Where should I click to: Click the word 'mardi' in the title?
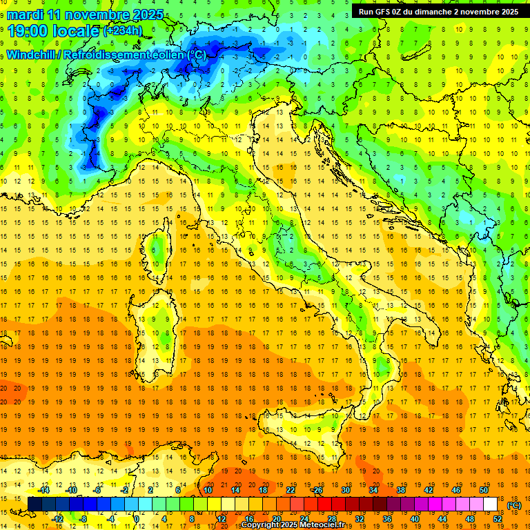coord(23,14)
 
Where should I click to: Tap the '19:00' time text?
coord(28,30)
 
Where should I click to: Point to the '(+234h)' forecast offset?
coord(123,30)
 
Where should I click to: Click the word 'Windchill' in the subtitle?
coord(32,55)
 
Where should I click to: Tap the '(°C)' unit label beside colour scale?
coord(513,505)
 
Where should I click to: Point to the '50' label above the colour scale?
coord(484,490)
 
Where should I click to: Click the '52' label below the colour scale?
coord(498,519)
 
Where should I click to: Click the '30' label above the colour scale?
coord(346,490)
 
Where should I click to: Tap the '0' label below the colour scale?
coord(137,519)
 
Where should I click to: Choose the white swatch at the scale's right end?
coord(491,504)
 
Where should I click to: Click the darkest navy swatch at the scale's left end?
coord(35,504)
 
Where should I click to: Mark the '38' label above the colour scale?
coord(401,490)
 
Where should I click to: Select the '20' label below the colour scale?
coord(277,519)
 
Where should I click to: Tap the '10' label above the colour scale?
coord(208,490)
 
